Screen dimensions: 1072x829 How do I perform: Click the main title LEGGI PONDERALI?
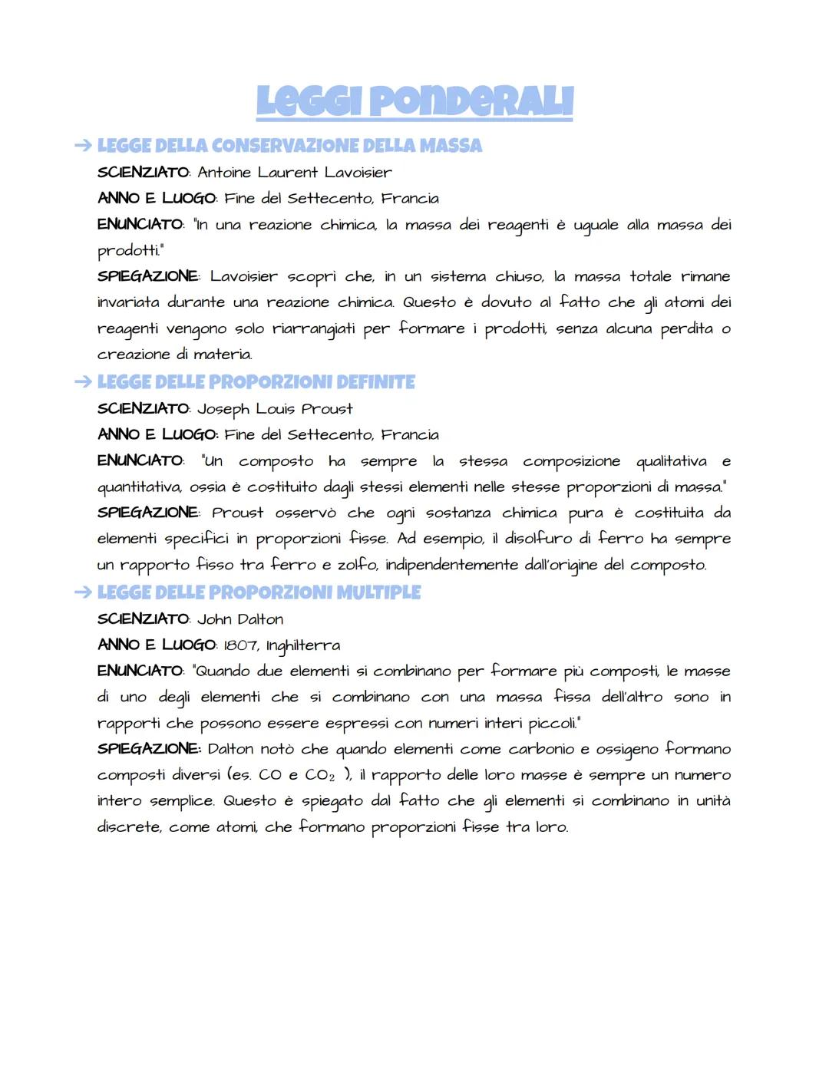pyautogui.click(x=414, y=102)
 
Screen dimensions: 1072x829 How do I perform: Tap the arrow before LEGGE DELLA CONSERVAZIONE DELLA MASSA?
pyautogui.click(x=82, y=145)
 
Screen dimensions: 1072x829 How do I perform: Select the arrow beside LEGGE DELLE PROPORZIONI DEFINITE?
pyautogui.click(x=82, y=381)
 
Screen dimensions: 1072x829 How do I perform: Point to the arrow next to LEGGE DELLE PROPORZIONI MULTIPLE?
pyautogui.click(x=82, y=592)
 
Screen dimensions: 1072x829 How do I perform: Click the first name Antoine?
pyautogui.click(x=224, y=173)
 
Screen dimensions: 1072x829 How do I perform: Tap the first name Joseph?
pyautogui.click(x=223, y=410)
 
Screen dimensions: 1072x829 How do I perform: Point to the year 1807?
pyautogui.click(x=240, y=646)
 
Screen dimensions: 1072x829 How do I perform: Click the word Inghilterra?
pyautogui.click(x=303, y=646)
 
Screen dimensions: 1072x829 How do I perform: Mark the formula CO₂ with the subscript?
pyautogui.click(x=320, y=775)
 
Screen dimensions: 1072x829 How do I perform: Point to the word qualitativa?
pyautogui.click(x=671, y=461)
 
